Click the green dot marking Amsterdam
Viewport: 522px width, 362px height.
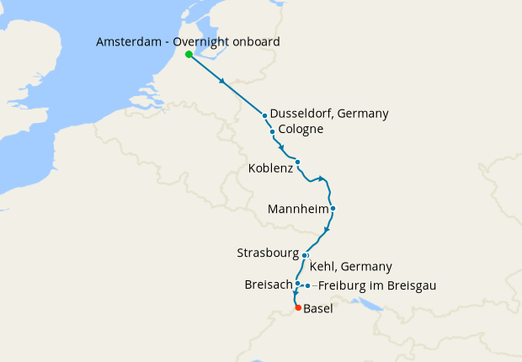(189, 55)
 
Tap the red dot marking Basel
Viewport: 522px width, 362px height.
(298, 308)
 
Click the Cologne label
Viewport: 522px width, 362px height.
(301, 130)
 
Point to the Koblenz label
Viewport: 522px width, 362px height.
(270, 168)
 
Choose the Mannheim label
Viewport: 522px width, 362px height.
(296, 208)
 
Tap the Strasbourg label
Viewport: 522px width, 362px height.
(269, 252)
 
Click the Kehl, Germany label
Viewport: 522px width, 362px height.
(351, 267)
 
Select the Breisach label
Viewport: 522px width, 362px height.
(268, 285)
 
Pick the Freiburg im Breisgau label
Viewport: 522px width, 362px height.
(376, 285)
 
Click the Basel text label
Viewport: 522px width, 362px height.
(318, 309)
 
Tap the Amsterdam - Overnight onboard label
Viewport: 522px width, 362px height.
(188, 42)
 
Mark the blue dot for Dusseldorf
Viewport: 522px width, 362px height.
(264, 115)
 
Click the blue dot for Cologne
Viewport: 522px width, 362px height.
(272, 132)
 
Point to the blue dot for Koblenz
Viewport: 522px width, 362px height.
(297, 162)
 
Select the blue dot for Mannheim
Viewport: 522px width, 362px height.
(333, 208)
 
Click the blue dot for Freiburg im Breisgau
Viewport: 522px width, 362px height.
(308, 285)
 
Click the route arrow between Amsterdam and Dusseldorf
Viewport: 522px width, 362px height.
(222, 82)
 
